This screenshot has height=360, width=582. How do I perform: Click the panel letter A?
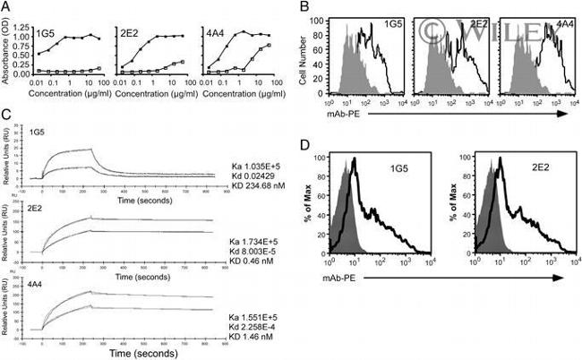[x=8, y=7]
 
